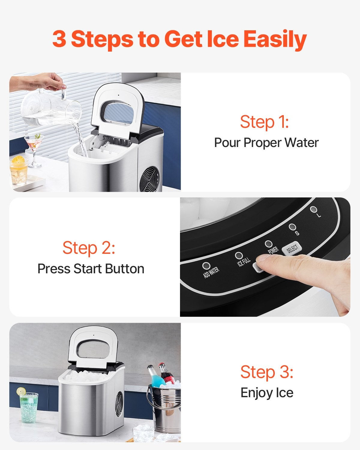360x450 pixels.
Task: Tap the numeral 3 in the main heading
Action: [x=59, y=39]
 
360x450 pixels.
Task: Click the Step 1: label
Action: [x=264, y=122]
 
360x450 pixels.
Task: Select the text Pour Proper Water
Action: [x=266, y=142]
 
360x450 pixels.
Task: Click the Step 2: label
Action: [x=89, y=248]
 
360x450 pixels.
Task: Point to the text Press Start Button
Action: [x=91, y=269]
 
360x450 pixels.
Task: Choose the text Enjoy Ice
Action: [x=267, y=393]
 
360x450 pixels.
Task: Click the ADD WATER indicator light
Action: [x=206, y=266]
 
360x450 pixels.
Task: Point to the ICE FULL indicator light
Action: [x=239, y=256]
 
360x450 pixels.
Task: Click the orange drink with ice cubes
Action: [x=19, y=171]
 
